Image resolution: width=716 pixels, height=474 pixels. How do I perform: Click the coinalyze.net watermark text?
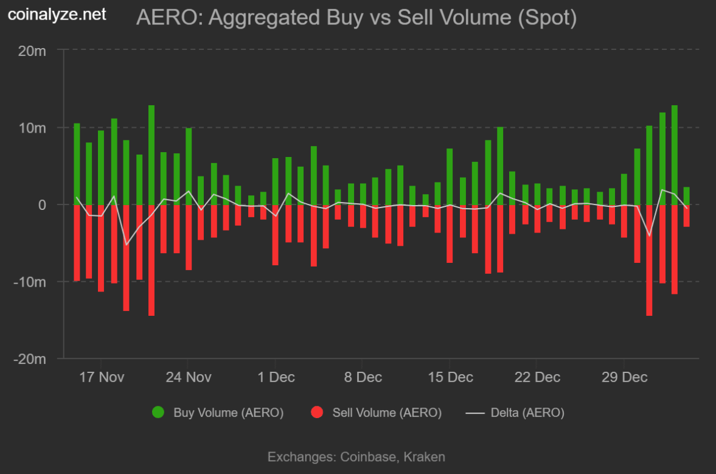tap(57, 14)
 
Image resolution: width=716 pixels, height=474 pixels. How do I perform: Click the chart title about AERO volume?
tap(356, 18)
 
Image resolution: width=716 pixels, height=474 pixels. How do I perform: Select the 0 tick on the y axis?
tap(42, 205)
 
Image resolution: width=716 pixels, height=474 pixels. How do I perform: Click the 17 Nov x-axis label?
tap(102, 377)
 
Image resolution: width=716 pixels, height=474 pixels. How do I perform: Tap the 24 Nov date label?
tap(189, 377)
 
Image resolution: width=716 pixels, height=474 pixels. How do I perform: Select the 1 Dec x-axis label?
tap(276, 377)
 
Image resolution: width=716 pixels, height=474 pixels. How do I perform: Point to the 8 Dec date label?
tap(363, 377)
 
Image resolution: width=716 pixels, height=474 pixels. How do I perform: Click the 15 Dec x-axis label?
tap(450, 377)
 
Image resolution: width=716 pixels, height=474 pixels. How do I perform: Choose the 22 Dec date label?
tap(537, 377)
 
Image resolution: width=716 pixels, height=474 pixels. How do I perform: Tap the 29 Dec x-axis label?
tap(624, 377)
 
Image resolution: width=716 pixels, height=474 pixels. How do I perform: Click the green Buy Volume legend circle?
tap(158, 413)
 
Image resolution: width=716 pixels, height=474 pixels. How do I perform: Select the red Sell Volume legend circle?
tap(316, 413)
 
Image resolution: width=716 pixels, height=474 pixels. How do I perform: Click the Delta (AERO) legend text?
tap(527, 413)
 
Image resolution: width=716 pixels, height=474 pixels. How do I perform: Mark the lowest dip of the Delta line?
tap(127, 245)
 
